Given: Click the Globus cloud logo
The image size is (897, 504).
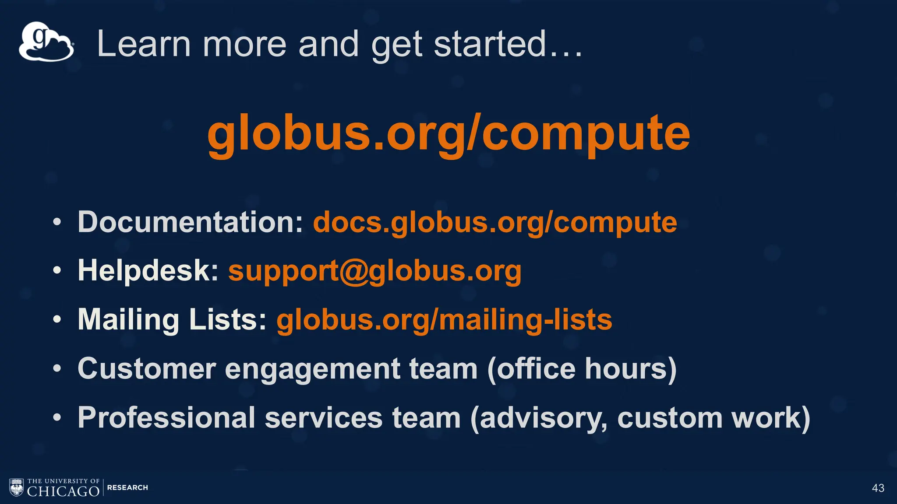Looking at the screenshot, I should coord(46,42).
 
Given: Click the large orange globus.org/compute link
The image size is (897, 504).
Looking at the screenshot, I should coord(448,133).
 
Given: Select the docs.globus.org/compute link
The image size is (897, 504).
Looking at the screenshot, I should coord(495,222).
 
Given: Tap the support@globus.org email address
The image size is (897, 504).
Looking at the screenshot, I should coord(375,271).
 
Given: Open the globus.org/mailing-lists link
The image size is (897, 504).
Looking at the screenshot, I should coord(444,320).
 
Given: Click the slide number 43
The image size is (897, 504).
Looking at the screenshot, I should coord(878,488).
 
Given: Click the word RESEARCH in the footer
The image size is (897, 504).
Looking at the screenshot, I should coord(127,487).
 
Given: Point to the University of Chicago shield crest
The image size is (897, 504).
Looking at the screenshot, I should coord(17,487).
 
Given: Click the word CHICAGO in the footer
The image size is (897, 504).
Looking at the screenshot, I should coord(63,491).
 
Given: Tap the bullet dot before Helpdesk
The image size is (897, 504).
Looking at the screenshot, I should coord(57,271).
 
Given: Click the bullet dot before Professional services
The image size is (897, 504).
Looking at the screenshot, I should coord(57,418).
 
